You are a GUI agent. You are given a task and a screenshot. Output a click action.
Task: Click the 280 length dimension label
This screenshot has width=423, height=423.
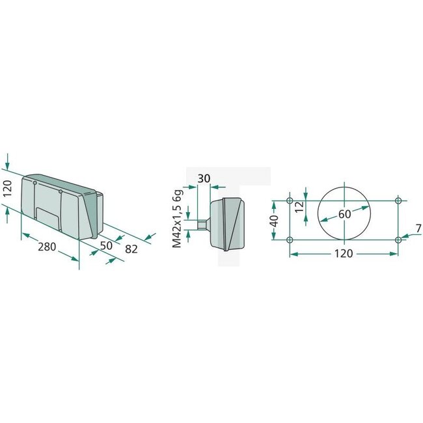pyautogui.click(x=46, y=248)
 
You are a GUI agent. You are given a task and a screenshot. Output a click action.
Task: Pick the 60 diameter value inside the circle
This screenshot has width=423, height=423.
pyautogui.click(x=344, y=213)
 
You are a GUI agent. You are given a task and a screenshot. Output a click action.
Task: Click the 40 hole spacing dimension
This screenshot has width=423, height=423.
pyautogui.click(x=275, y=221)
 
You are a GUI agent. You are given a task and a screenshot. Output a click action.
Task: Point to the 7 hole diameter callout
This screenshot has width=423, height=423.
pyautogui.click(x=417, y=228)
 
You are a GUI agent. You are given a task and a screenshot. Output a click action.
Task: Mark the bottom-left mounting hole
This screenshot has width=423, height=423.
pyautogui.click(x=290, y=240)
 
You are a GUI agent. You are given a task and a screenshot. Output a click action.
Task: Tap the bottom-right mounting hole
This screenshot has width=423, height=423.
pyautogui.click(x=398, y=240)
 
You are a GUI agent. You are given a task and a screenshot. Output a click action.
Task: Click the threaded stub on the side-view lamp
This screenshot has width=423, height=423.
pyautogui.click(x=201, y=225)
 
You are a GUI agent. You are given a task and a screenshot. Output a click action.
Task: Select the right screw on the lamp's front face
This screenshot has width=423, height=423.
pyautogui.click(x=60, y=192)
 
